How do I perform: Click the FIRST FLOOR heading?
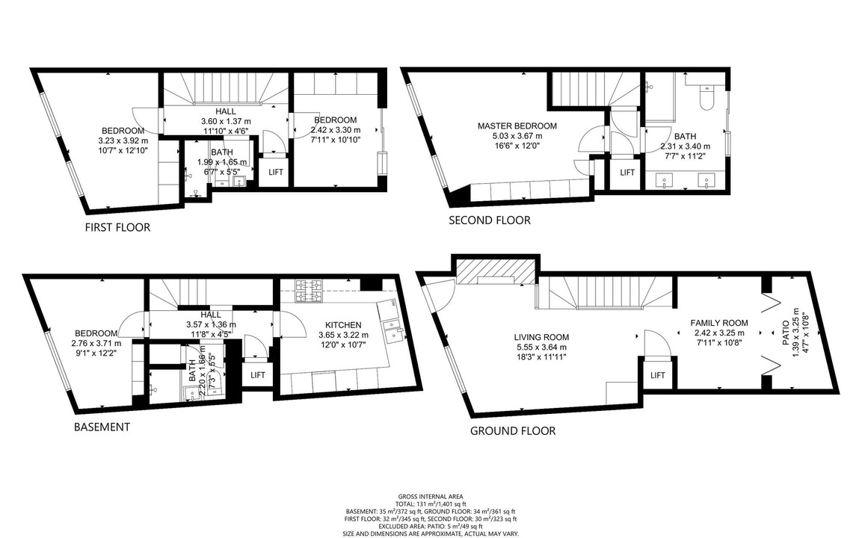point(117,227)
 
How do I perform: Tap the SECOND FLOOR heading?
point(490,220)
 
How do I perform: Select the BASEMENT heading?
point(102,427)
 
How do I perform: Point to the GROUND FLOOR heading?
point(513,431)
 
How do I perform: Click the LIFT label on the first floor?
point(276,172)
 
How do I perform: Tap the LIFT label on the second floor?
point(627,173)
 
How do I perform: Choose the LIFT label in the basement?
point(258,375)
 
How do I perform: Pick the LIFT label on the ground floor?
point(658,376)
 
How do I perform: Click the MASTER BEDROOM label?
point(517,126)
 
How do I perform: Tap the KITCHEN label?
point(343,325)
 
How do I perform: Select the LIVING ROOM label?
point(541,338)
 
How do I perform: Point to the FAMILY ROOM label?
point(719,323)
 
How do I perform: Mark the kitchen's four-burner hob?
point(310,291)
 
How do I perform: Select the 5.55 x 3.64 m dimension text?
point(541,347)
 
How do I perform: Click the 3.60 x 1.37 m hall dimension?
point(225,122)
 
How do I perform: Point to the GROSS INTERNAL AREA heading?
point(431,497)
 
